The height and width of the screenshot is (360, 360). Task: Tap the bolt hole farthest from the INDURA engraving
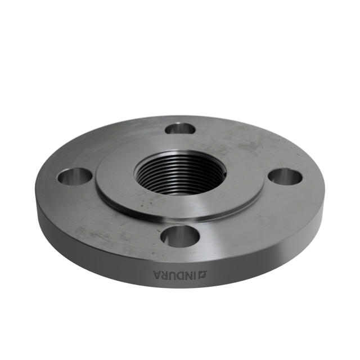pyautogui.click(x=180, y=129)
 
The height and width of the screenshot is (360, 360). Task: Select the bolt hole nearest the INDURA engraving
pyautogui.click(x=179, y=236)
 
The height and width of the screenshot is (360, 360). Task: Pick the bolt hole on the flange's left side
pyautogui.click(x=74, y=176)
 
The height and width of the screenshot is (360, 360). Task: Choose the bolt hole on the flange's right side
pyautogui.click(x=285, y=176)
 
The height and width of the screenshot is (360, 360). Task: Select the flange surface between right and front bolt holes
pyautogui.click(x=253, y=219)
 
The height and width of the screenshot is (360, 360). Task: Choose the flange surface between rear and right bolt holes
pyautogui.click(x=247, y=143)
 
